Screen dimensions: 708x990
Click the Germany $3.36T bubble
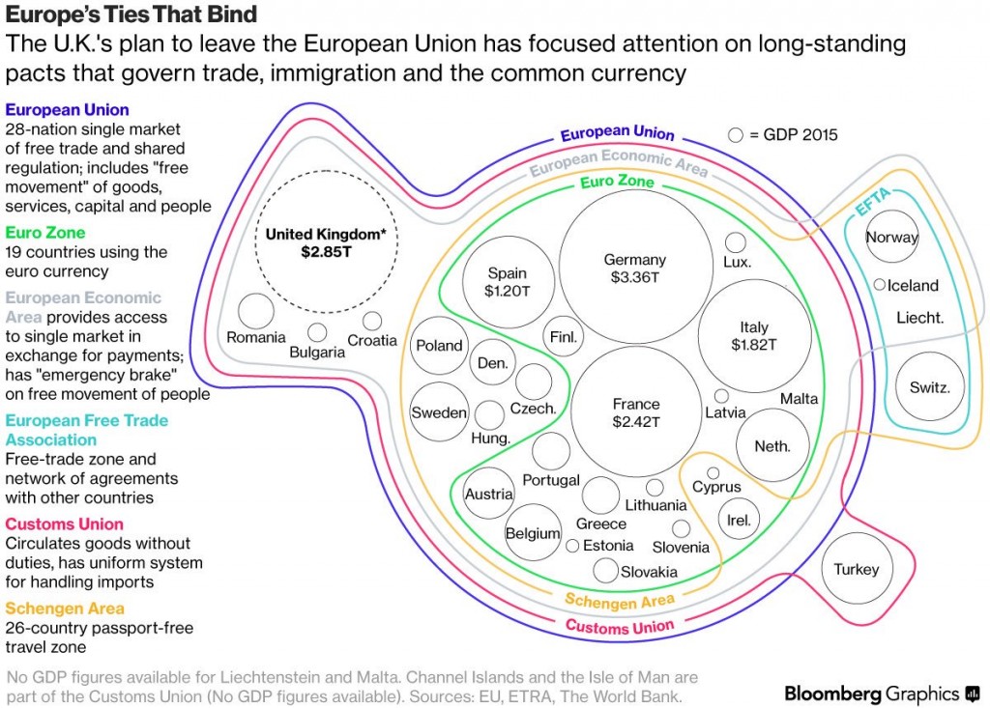click(x=634, y=269)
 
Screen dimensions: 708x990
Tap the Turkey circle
click(x=856, y=569)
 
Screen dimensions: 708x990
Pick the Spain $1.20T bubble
click(x=507, y=281)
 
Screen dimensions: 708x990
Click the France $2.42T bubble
click(x=635, y=412)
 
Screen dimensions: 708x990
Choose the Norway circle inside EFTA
click(x=891, y=238)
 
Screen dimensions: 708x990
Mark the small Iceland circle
click(x=879, y=285)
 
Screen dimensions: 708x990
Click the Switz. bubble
click(x=930, y=387)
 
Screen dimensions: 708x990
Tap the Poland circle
click(x=439, y=346)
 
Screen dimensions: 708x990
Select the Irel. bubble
click(x=739, y=521)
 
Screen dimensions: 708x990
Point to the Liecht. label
click(x=919, y=317)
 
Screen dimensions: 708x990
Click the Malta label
click(x=799, y=399)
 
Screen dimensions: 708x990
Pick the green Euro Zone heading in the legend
click(x=45, y=233)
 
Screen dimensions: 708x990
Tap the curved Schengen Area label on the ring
click(x=620, y=602)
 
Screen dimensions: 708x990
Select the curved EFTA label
click(x=873, y=205)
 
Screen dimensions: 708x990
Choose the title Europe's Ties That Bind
click(x=131, y=14)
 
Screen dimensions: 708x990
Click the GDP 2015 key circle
click(x=736, y=135)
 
